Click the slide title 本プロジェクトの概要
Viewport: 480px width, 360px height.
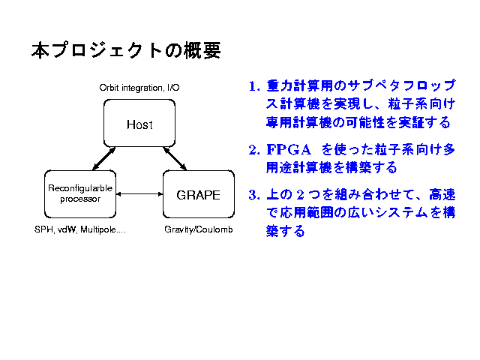coord(126,51)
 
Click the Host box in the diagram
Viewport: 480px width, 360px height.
coord(139,124)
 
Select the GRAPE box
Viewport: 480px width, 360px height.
coord(198,194)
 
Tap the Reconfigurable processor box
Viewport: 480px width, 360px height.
coord(80,194)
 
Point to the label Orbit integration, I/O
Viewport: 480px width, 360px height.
coord(139,88)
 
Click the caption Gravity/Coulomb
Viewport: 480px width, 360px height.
coord(199,229)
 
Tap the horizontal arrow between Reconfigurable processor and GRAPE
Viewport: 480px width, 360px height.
coord(139,194)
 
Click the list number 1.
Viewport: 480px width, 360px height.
coord(253,85)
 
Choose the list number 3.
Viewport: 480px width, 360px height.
coord(253,196)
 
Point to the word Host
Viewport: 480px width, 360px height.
coord(139,124)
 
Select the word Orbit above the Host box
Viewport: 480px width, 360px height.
coord(109,88)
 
